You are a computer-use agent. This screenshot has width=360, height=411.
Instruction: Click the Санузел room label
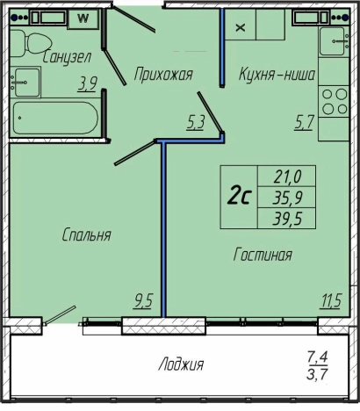[x=67, y=57]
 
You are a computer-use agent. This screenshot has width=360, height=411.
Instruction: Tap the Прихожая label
[x=163, y=75]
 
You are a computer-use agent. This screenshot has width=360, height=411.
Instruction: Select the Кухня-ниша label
[x=277, y=75]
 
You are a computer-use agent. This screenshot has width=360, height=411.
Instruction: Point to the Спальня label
[x=87, y=234]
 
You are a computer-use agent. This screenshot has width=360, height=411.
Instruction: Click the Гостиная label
[x=263, y=254]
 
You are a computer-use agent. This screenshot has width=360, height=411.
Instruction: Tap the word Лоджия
[x=181, y=364]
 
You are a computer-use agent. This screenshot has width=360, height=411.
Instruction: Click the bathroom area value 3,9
[x=87, y=84]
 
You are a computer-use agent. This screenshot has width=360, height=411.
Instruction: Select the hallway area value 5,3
[x=195, y=122]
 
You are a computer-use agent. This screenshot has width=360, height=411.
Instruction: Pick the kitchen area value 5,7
[x=304, y=122]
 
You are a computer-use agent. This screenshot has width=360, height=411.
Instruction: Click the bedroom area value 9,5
[x=143, y=301]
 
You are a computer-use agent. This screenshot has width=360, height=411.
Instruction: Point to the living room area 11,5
[x=331, y=301]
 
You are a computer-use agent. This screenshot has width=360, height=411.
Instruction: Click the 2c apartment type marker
[x=239, y=197]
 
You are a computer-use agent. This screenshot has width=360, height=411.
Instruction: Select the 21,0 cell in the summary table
[x=287, y=177]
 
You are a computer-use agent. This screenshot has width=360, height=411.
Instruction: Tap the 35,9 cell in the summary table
[x=287, y=198]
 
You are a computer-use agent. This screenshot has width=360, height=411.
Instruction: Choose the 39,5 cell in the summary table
[x=287, y=219]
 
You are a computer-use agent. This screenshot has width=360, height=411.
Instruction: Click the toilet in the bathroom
[x=31, y=43]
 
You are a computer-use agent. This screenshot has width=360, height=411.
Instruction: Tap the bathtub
[x=55, y=118]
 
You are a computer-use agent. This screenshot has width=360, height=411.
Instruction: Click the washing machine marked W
[x=83, y=18]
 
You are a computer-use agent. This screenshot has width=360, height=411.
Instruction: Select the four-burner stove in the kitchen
[x=334, y=102]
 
